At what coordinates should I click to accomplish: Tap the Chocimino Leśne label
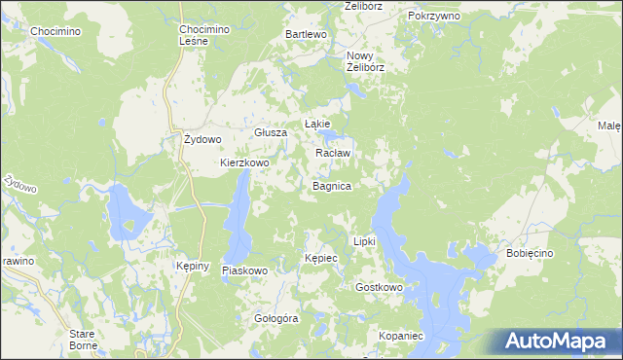(204, 35)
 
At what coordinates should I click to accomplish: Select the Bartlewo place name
(305, 34)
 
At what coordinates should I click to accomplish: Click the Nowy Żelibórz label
(367, 61)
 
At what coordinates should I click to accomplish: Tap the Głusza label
(269, 132)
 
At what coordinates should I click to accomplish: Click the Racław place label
(333, 154)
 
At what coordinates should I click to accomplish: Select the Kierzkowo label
(244, 162)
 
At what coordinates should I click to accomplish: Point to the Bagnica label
(332, 185)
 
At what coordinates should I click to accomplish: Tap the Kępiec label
(320, 259)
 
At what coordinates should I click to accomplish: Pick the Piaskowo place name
(244, 270)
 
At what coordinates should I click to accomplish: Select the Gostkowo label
(380, 288)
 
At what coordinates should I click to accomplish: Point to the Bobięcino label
(530, 253)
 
